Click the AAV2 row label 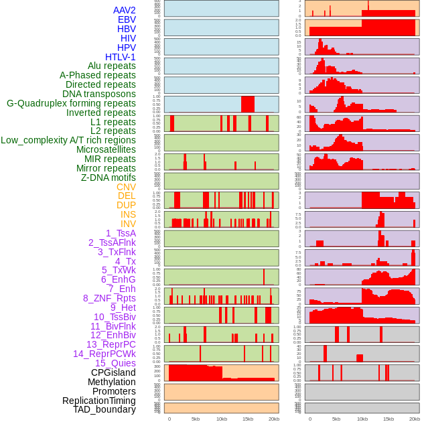pos(124,10)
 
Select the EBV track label pos(127,19)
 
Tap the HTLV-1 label pos(120,57)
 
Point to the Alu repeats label pos(111,66)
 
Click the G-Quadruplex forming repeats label pos(71,103)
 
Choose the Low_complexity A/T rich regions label pos(68,140)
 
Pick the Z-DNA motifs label pos(108,178)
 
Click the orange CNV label pos(126,187)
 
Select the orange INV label pos(128,224)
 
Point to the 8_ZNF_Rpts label pos(109,298)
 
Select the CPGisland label pos(113,372)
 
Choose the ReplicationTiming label pos(98,401)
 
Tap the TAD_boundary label pos(104,409)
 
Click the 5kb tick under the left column pos(196,419)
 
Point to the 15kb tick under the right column pos(389,419)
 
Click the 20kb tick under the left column pos(274,419)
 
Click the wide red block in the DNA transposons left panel pos(248,104)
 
